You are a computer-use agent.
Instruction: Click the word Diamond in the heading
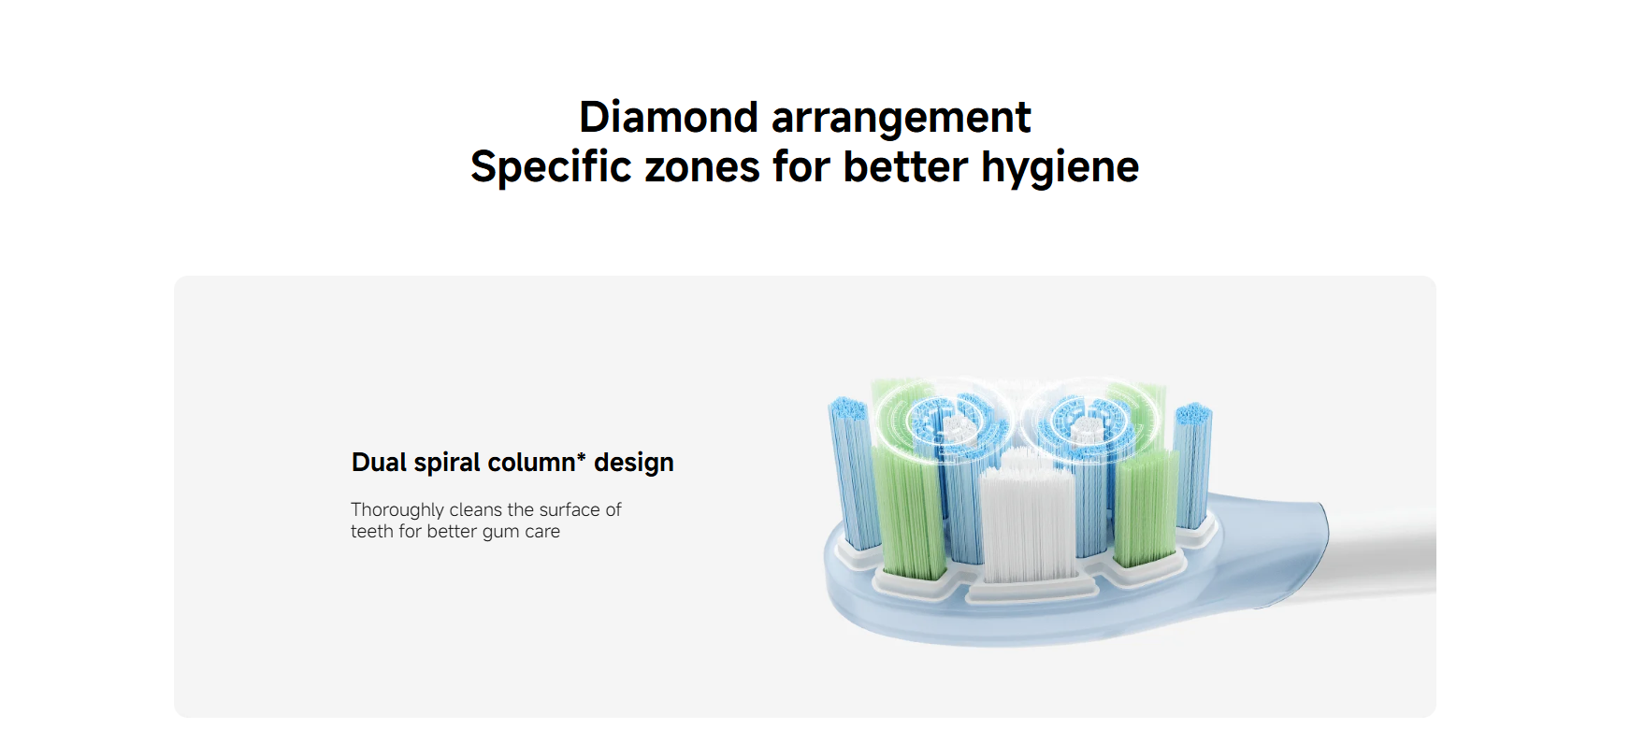pyautogui.click(x=668, y=118)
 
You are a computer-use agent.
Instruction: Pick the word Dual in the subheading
pyautogui.click(x=379, y=463)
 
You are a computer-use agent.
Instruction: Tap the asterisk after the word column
pyautogui.click(x=581, y=457)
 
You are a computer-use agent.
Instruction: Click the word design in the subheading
pyautogui.click(x=633, y=464)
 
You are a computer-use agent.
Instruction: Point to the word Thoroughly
pyautogui.click(x=397, y=510)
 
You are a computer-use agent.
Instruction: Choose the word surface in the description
pyautogui.click(x=570, y=509)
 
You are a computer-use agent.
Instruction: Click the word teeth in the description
pyautogui.click(x=372, y=532)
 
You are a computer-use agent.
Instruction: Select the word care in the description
pyautogui.click(x=542, y=532)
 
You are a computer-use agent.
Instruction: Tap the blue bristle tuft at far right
pyautogui.click(x=1193, y=465)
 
